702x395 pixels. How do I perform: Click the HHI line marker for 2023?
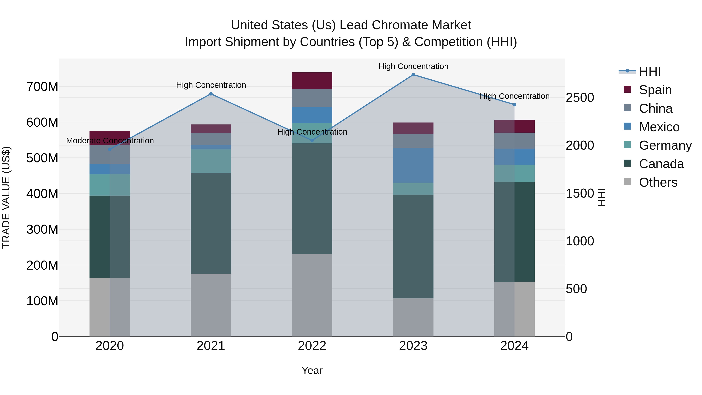pyautogui.click(x=413, y=75)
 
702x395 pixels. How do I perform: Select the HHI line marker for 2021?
pyautogui.click(x=211, y=94)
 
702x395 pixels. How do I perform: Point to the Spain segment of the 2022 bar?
pyautogui.click(x=312, y=81)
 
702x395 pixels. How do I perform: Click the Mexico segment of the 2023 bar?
pyautogui.click(x=413, y=165)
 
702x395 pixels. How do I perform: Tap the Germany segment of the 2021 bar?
pyautogui.click(x=211, y=161)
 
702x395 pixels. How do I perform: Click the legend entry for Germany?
pyautogui.click(x=665, y=145)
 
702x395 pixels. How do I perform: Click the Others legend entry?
pyautogui.click(x=658, y=182)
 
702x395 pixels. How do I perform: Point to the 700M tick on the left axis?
pyautogui.click(x=42, y=87)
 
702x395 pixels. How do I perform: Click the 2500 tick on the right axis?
pyautogui.click(x=580, y=98)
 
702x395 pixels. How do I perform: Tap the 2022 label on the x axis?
pyautogui.click(x=312, y=346)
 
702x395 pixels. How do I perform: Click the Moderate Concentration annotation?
pyautogui.click(x=110, y=141)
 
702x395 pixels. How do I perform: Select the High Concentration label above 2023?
pyautogui.click(x=413, y=66)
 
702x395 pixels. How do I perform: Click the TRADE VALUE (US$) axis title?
pyautogui.click(x=6, y=197)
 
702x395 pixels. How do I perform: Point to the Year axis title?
pyautogui.click(x=312, y=370)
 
